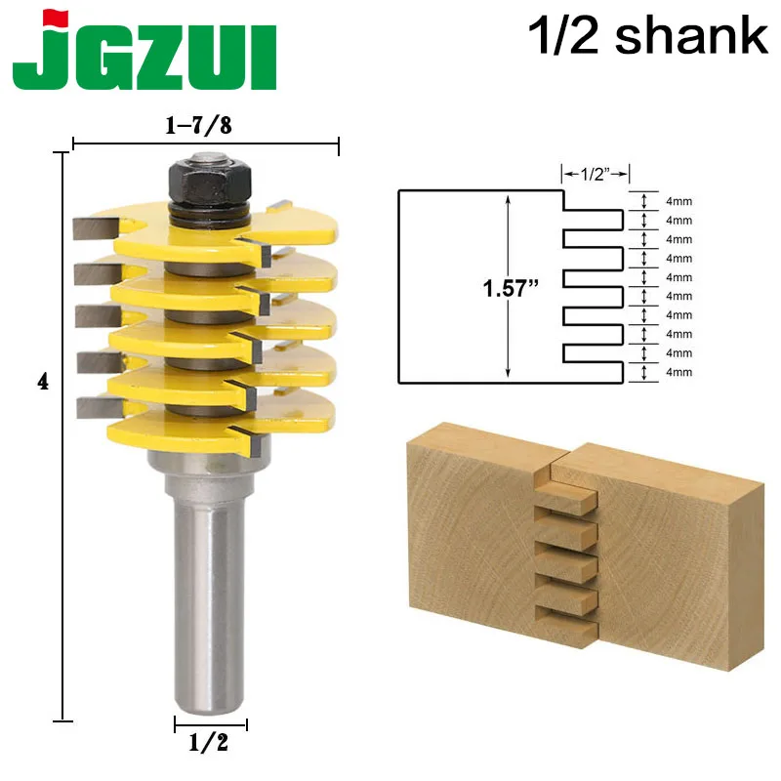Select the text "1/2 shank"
click(647, 36)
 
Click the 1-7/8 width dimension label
click(204, 125)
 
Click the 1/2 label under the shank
click(210, 744)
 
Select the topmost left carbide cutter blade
click(95, 227)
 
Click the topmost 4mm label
click(678, 201)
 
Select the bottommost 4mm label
click(678, 372)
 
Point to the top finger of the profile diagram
click(594, 220)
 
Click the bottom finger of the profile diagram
click(594, 372)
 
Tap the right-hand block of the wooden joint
click(664, 547)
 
